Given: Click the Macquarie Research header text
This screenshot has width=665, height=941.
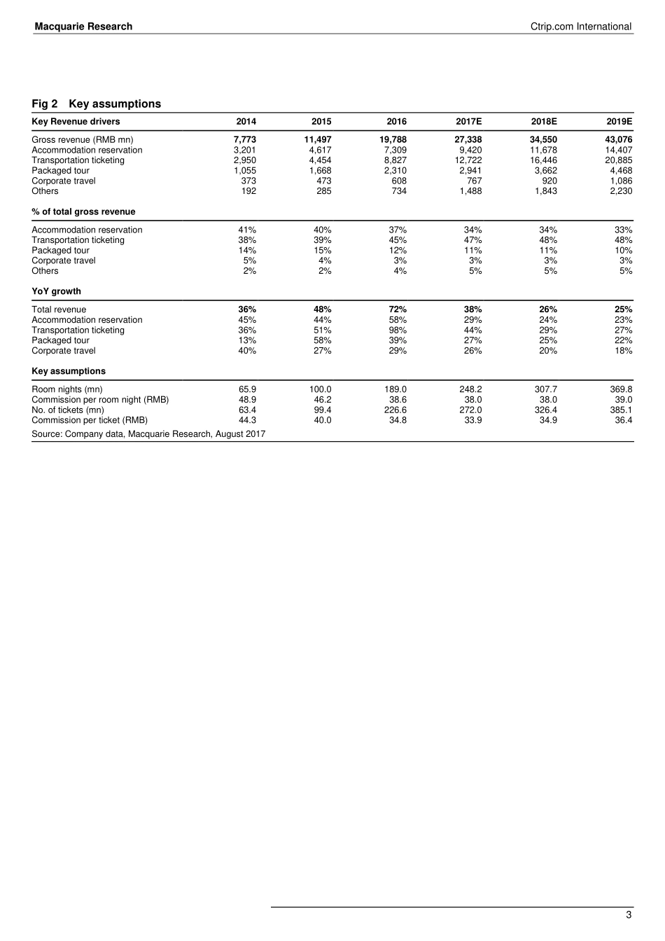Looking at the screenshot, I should coord(83,27).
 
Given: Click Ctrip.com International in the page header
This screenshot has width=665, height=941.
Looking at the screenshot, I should coord(581,27).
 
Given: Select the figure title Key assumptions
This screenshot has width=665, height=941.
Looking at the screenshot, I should coord(115,104).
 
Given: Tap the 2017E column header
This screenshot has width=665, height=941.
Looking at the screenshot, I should coord(468,121).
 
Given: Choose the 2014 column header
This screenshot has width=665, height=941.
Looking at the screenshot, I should coord(246,121).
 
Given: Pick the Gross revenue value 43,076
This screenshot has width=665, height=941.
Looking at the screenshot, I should coord(618,140).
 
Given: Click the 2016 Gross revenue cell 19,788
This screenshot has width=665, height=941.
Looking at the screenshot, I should coord(392,140).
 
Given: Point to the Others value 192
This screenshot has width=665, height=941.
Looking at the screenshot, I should coord(248,191).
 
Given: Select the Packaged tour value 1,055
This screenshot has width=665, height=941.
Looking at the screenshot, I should coord(245,171).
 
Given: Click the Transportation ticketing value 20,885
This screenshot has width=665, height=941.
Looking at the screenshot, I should coord(618,160).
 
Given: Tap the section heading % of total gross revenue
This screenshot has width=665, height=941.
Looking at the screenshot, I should coord(83,211).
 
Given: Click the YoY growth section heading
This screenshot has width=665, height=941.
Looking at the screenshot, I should coord(56,291).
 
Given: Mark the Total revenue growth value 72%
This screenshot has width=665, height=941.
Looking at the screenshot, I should coord(397,309).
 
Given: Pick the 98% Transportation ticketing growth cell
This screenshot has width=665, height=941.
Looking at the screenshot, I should coord(397,330).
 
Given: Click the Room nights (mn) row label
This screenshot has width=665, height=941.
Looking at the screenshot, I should coord(66,389).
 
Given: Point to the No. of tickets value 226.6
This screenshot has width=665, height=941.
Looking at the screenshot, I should coord(395,410).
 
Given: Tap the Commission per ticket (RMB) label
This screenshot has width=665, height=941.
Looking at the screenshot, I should coord(90,421).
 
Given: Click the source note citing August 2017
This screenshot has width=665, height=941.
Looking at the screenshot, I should coord(148,434).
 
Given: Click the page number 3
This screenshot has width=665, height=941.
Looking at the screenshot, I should coord(629,914).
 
